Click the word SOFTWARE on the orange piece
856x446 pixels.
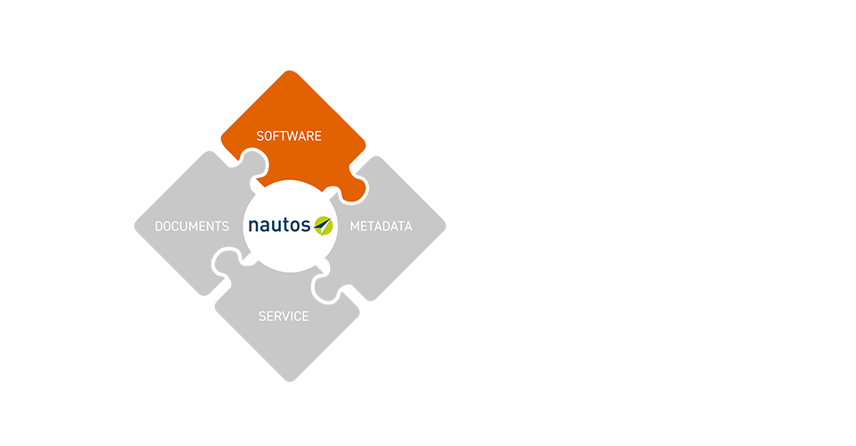coord(289,136)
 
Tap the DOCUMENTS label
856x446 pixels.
coord(192,227)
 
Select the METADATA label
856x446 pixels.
coord(381,227)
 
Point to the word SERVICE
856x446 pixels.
coord(284,317)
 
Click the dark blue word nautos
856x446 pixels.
coord(278,225)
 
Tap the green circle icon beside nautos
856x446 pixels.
coord(323,225)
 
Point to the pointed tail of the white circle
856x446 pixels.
coord(252,261)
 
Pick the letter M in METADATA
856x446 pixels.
coord(355,227)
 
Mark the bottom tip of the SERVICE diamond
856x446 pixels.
coord(289,381)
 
